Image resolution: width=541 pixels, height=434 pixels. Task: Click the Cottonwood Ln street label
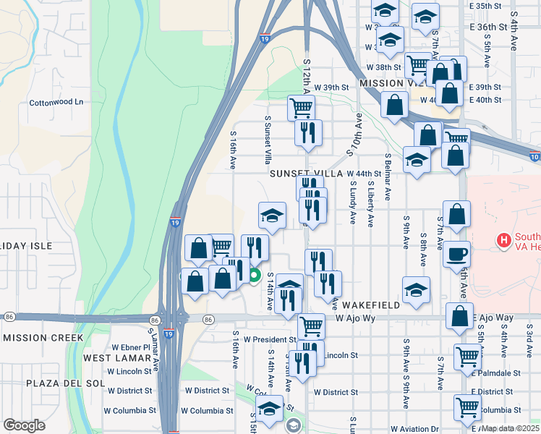56,103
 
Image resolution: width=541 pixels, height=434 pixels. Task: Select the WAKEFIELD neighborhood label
371,305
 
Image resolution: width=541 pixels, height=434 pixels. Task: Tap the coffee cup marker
456,254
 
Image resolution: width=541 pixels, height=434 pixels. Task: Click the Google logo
23,425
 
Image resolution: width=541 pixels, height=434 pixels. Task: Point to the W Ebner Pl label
129,347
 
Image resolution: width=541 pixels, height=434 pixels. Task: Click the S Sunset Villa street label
268,137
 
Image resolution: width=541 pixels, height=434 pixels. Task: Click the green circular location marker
255,275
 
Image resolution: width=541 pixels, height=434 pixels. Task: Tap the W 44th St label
364,174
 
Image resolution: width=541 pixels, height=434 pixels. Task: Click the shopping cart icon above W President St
311,325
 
